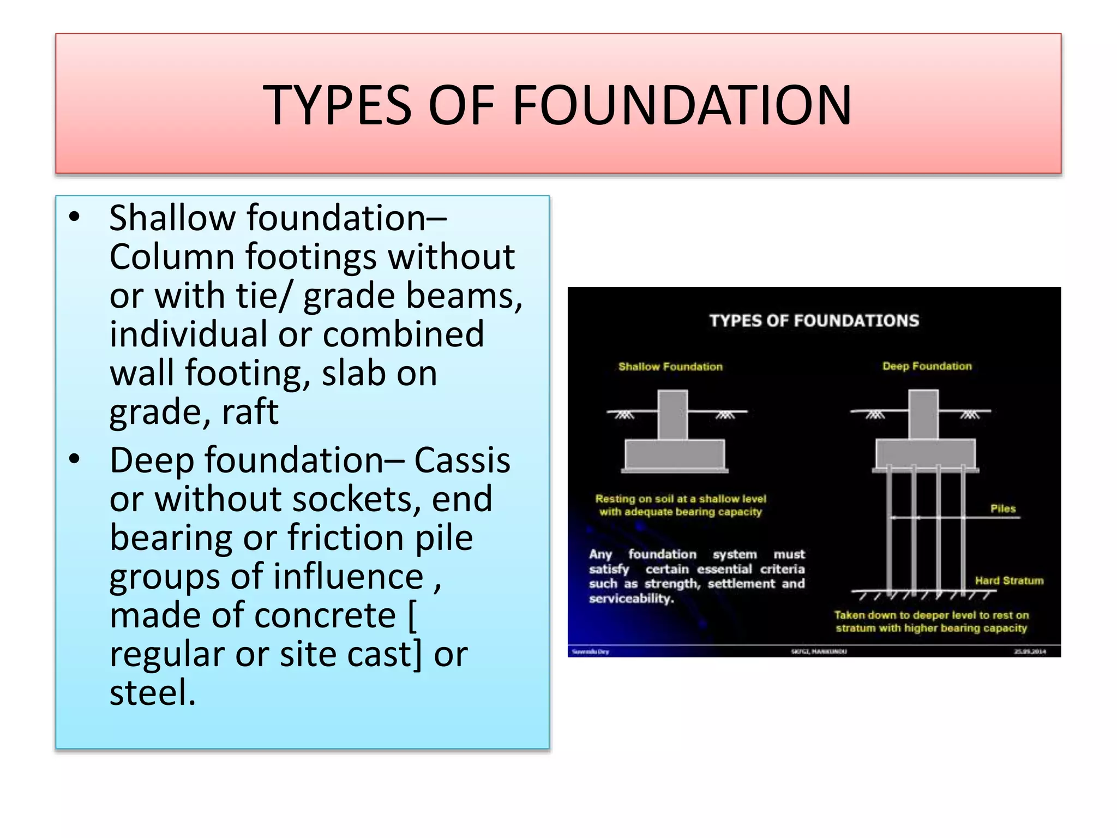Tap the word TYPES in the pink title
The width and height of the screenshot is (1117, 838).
point(337,105)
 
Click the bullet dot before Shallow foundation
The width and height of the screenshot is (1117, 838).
point(75,217)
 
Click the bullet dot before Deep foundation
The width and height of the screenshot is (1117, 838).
point(75,459)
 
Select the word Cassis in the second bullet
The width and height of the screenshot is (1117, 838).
point(462,460)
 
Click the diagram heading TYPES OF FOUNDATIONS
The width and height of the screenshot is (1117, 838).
point(814,320)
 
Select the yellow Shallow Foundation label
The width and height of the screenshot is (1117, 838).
point(670,367)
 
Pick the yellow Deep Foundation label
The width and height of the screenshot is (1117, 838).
point(927,366)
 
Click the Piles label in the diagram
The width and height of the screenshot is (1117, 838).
point(1003,508)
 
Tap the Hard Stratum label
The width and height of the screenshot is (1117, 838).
point(1009,580)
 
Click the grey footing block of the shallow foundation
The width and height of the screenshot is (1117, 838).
point(675,454)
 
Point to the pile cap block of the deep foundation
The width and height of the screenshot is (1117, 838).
point(926,453)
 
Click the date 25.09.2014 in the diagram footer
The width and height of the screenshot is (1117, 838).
point(1030,651)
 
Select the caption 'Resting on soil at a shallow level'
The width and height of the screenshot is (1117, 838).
point(681,499)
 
